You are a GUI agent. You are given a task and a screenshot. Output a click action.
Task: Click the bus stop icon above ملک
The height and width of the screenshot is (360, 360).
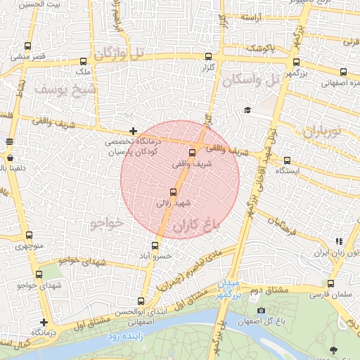[84, 61]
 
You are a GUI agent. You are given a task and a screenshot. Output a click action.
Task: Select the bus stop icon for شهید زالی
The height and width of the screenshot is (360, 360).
[174, 191]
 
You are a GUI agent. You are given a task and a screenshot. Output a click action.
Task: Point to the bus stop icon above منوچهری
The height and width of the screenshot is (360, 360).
[29, 236]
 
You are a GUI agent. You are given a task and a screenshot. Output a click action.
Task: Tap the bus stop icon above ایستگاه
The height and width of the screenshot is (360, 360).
[287, 160]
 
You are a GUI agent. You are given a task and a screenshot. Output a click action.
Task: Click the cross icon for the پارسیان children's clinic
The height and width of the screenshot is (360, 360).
[133, 131]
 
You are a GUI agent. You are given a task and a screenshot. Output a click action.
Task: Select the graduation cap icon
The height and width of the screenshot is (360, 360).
[247, 110]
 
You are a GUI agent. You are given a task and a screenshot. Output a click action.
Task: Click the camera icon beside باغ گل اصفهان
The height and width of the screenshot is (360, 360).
[262, 311]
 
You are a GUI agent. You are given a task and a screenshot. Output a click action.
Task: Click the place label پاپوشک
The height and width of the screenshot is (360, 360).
[261, 49]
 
